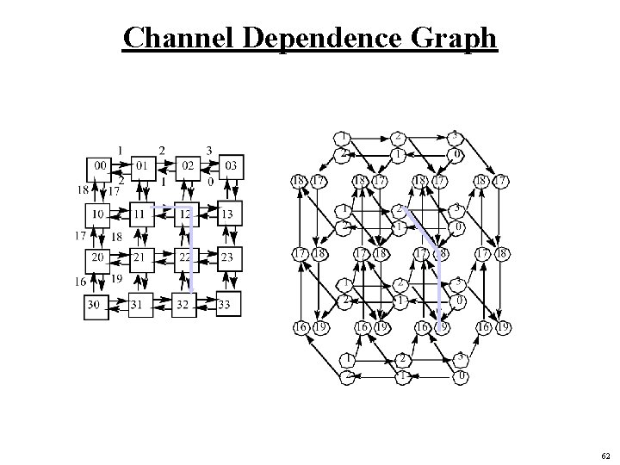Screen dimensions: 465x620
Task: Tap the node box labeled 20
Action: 97,257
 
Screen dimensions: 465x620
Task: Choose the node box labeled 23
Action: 229,257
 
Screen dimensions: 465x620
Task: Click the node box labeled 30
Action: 96,304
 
